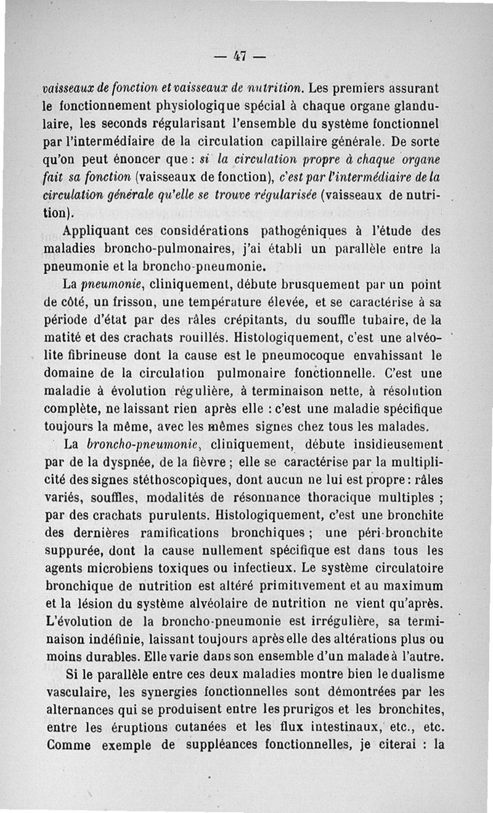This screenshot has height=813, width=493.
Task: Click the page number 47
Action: point(240,57)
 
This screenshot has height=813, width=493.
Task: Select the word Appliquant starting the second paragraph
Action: point(98,232)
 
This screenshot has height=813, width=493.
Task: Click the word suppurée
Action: point(73,550)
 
